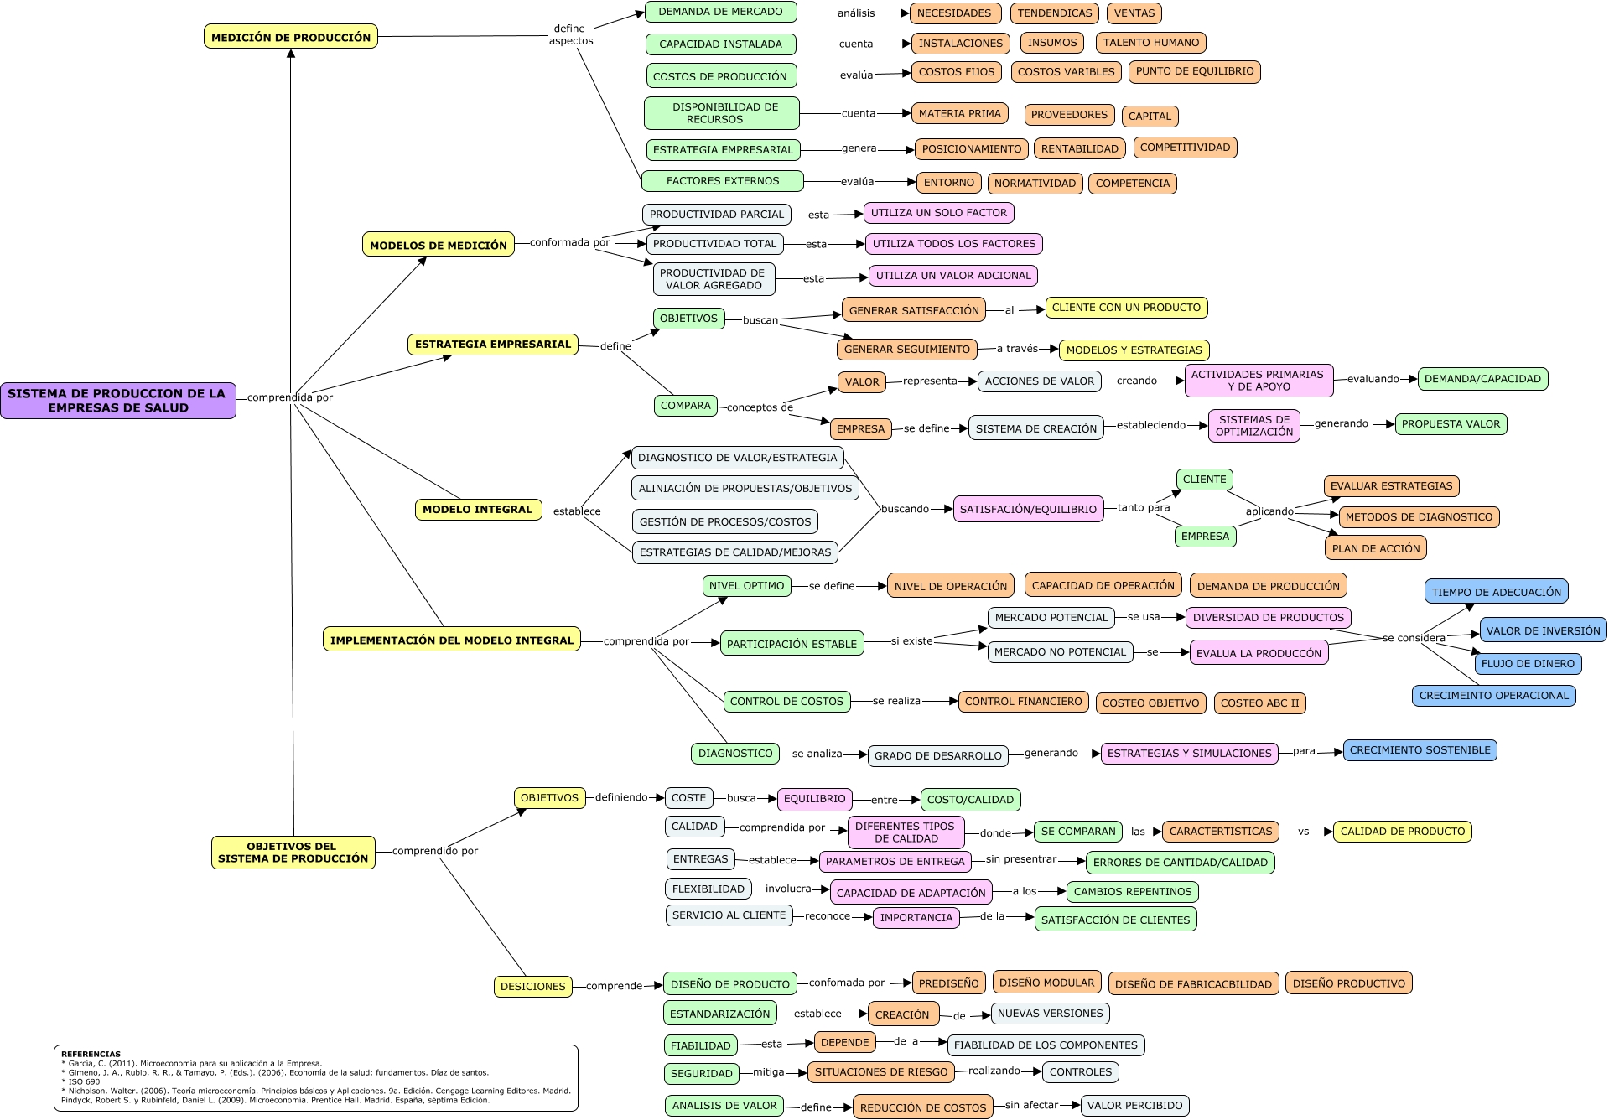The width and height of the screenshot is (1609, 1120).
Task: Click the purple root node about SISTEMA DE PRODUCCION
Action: pyautogui.click(x=118, y=401)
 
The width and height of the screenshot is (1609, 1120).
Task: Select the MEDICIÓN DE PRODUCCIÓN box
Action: pyautogui.click(x=291, y=37)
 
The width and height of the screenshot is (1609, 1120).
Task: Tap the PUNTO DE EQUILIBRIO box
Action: pyautogui.click(x=1195, y=71)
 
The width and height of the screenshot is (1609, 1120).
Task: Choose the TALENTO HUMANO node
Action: pyautogui.click(x=1151, y=43)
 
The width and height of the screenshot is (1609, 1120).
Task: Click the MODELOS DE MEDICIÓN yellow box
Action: pyautogui.click(x=439, y=245)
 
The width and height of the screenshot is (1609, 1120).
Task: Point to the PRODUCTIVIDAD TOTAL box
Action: pyautogui.click(x=714, y=244)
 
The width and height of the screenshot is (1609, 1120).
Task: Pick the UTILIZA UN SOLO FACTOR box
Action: pyautogui.click(x=938, y=213)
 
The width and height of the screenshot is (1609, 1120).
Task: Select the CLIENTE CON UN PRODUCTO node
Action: pyautogui.click(x=1126, y=308)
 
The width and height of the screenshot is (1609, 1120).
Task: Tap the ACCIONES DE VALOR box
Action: pyautogui.click(x=1039, y=381)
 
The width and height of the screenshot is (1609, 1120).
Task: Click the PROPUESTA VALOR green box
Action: pyautogui.click(x=1451, y=424)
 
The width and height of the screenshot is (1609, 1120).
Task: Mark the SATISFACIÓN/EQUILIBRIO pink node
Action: pyautogui.click(x=1028, y=509)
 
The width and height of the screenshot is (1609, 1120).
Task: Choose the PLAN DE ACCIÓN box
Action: pyautogui.click(x=1376, y=548)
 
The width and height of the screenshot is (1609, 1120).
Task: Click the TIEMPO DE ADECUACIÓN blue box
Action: pyautogui.click(x=1496, y=592)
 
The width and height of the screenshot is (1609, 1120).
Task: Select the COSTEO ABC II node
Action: pyautogui.click(x=1259, y=703)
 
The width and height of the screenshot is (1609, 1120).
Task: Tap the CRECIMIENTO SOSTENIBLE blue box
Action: pyautogui.click(x=1420, y=750)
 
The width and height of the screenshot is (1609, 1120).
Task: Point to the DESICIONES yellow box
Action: pyautogui.click(x=532, y=987)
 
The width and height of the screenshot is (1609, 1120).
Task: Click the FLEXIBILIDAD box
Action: pyautogui.click(x=708, y=889)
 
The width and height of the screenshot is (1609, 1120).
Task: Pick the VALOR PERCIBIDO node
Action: pyautogui.click(x=1134, y=1106)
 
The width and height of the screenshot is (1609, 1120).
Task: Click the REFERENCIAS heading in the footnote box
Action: pyautogui.click(x=91, y=1054)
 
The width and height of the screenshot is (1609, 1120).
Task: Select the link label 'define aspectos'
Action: pyautogui.click(x=570, y=34)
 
